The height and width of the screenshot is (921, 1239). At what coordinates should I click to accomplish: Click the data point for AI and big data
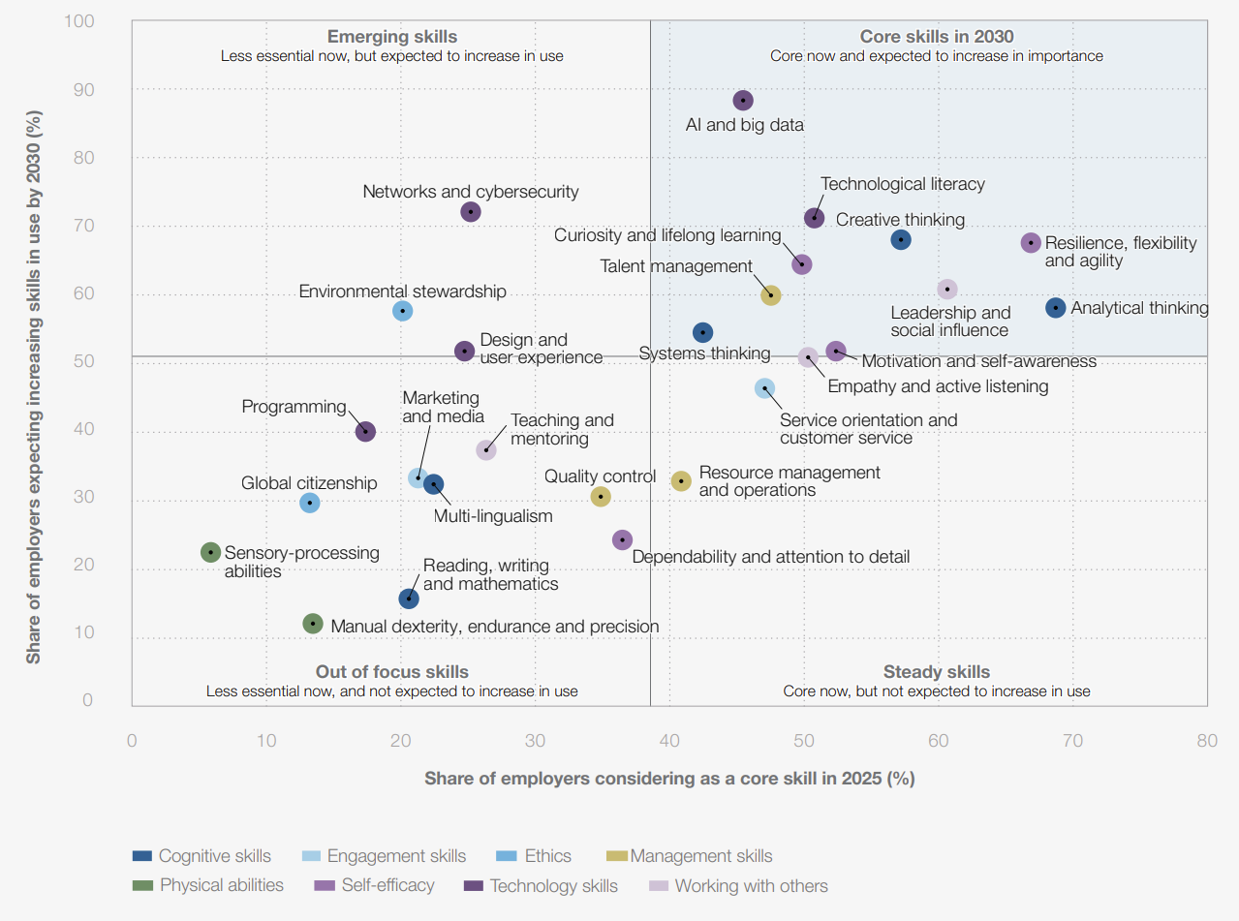(743, 101)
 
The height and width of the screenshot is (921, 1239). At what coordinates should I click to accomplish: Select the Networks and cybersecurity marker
(471, 211)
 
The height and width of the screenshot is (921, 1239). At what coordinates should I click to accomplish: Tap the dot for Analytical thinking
(1056, 308)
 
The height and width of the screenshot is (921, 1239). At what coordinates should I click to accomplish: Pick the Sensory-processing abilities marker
(210, 552)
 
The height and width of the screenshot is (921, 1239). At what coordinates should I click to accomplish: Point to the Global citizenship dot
(310, 503)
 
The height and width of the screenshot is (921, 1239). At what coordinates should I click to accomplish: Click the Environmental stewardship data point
(403, 311)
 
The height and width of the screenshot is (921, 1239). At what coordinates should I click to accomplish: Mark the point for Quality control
(601, 497)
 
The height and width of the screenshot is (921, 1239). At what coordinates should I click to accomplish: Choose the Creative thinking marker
(901, 239)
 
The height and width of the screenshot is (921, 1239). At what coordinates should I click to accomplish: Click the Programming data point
(365, 431)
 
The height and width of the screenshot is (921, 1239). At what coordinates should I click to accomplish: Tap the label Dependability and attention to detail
(770, 557)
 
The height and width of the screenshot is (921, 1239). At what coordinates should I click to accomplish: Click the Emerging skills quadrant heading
(391, 38)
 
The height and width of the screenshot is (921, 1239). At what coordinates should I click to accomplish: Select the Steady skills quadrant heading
(936, 672)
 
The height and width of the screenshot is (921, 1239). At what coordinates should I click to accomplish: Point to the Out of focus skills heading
(391, 672)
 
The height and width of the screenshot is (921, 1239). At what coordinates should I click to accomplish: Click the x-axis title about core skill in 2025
(669, 779)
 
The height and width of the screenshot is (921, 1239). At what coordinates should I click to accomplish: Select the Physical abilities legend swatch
(142, 885)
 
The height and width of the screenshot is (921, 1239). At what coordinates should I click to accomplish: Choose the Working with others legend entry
(751, 885)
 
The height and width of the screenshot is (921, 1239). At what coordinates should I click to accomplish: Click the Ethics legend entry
(547, 856)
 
